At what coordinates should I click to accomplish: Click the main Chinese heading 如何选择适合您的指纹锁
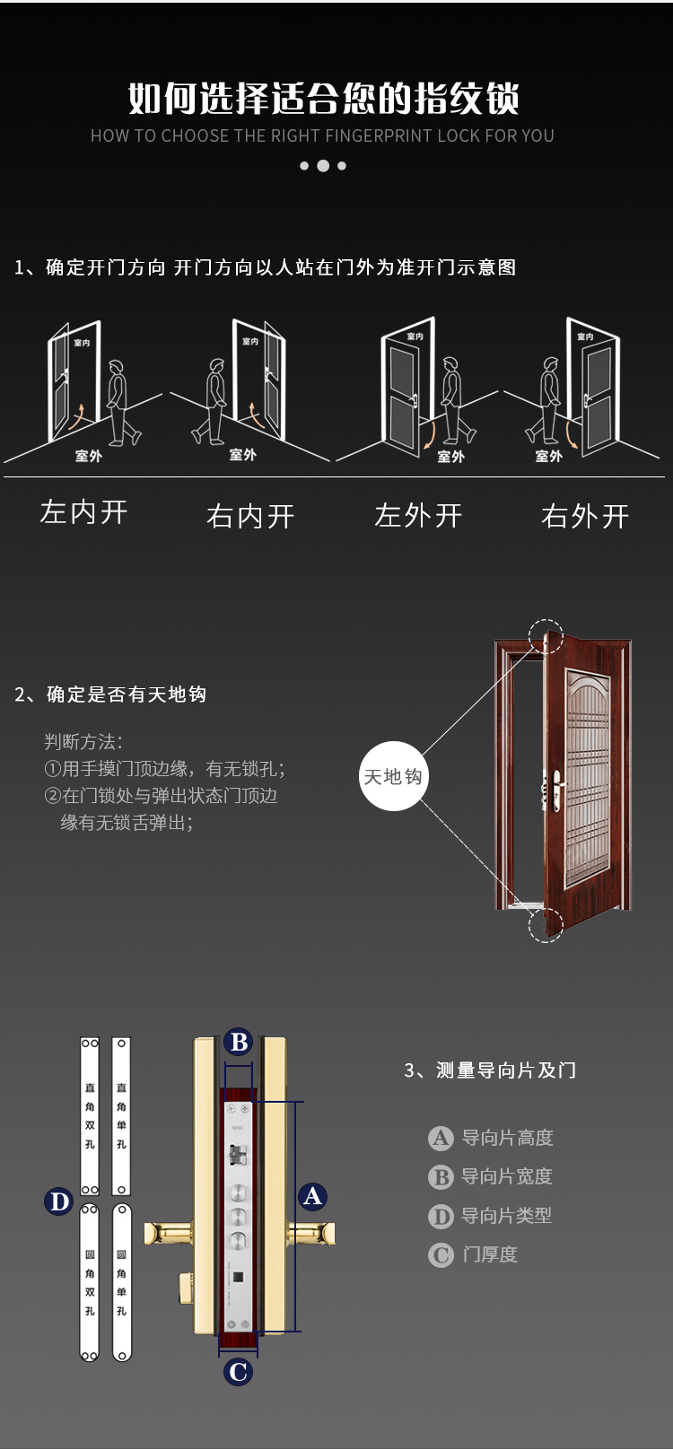(324, 98)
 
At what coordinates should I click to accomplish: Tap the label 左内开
(83, 512)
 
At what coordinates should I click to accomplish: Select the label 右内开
(250, 516)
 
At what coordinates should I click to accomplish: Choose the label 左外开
(418, 516)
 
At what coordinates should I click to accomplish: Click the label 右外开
(585, 516)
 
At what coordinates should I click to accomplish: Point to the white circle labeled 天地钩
(393, 777)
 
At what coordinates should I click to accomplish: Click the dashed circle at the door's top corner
(546, 637)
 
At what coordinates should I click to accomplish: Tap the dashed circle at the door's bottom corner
(546, 924)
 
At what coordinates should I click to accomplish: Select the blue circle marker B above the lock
(239, 1042)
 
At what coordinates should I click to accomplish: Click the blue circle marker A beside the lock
(312, 1196)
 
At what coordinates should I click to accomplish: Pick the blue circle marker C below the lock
(239, 1372)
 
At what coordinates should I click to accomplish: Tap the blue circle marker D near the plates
(59, 1201)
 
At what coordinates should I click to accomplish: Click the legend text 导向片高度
(507, 1138)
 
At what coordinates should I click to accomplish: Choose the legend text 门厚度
(490, 1254)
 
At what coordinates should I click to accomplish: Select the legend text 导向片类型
(506, 1216)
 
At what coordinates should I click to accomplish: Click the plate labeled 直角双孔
(90, 1116)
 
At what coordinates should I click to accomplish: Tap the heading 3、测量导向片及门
(490, 1070)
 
